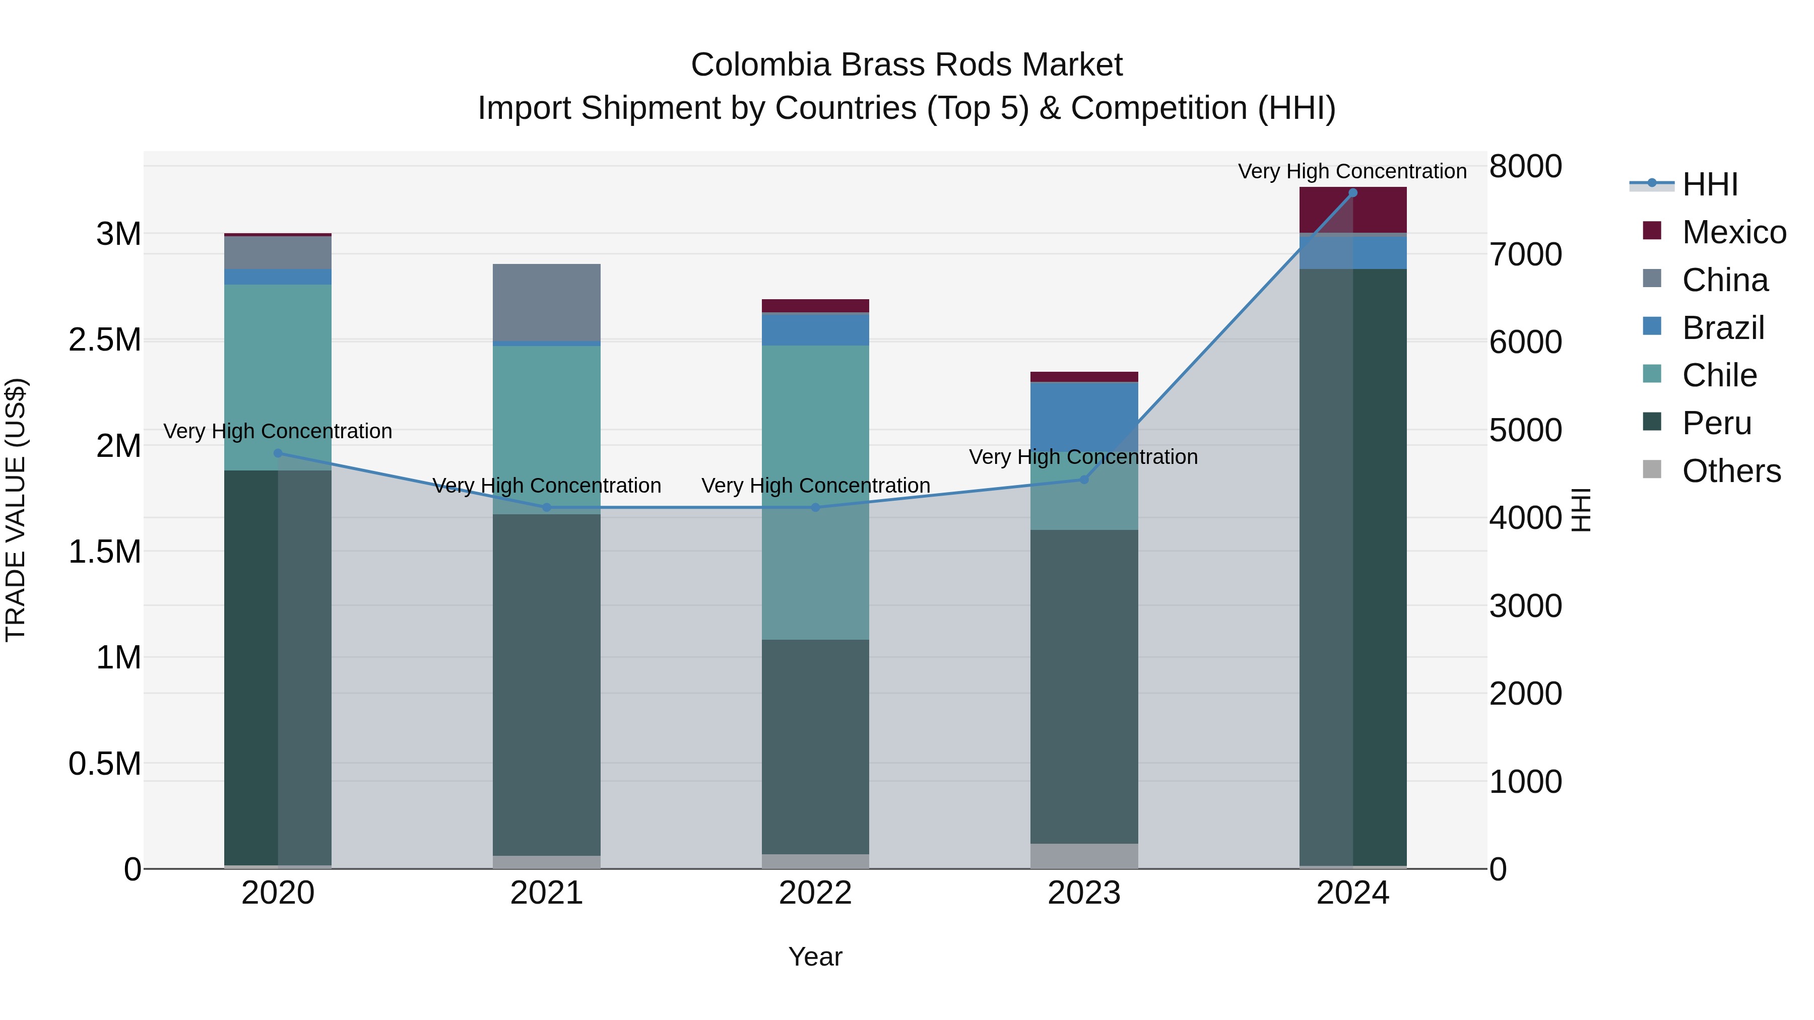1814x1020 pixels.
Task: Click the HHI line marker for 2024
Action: coord(1353,193)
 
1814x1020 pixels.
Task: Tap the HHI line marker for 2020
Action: coord(278,453)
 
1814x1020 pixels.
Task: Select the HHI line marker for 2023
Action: coord(1084,480)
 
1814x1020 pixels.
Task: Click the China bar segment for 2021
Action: coord(546,303)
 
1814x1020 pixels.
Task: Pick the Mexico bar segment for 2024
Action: coord(1353,210)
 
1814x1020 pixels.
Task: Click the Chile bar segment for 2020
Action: coord(278,377)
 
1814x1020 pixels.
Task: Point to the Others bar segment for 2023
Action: coord(1084,856)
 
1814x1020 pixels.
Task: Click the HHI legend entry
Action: coord(1710,184)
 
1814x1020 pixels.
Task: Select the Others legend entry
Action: coord(1731,471)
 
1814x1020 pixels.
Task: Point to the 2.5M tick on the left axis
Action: coord(105,340)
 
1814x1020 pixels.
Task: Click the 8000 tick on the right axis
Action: coord(1526,167)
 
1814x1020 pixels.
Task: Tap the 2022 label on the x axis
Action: coord(815,893)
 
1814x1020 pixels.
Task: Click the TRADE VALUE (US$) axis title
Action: coord(16,510)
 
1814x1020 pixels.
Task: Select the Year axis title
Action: coord(815,957)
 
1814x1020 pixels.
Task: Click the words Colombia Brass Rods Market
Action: coord(906,65)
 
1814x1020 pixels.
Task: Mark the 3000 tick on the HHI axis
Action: coord(1526,606)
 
